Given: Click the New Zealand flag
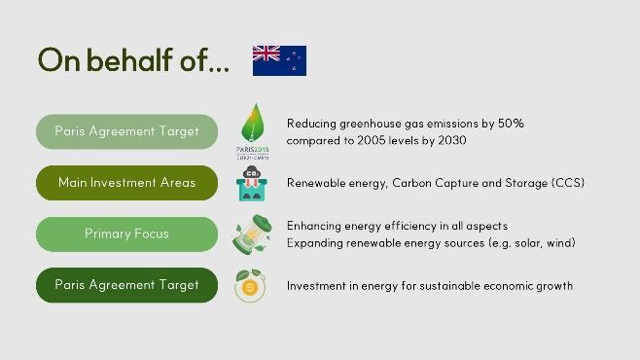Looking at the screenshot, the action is (279, 60).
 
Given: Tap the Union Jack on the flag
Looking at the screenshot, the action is (267, 54).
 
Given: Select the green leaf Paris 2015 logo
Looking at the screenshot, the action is (253, 131).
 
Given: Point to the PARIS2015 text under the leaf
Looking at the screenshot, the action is (253, 150).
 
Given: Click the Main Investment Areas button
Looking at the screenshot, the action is (127, 183).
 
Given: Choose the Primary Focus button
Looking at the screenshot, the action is (127, 234).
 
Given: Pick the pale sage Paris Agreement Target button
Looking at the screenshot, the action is (127, 131).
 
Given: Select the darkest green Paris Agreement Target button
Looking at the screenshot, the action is (127, 285).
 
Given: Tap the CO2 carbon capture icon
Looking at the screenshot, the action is (252, 183).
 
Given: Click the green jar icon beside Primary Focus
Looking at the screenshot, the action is (252, 234).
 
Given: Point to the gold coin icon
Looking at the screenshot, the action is (250, 286).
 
